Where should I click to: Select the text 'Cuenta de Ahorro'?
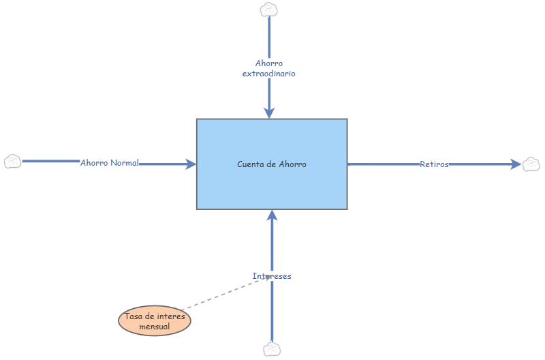(x=272, y=164)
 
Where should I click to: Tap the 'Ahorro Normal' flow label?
(x=110, y=163)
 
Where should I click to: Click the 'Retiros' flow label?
(x=434, y=164)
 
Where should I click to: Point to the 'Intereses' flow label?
(x=272, y=276)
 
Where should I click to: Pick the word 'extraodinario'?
(x=269, y=73)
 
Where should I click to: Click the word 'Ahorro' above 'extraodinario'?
(x=269, y=63)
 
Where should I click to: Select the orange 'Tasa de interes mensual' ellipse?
(x=155, y=320)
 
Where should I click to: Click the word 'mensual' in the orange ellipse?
(x=155, y=327)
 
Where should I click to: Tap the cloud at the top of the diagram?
(x=269, y=9)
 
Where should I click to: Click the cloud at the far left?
(x=12, y=162)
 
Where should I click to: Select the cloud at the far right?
(x=531, y=164)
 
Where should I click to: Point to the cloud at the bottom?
(x=272, y=349)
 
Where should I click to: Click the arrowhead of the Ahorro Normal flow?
(x=191, y=164)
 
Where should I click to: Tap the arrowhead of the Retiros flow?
(x=516, y=164)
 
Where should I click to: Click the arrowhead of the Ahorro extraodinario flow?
(x=269, y=112)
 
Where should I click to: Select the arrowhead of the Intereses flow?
(x=272, y=215)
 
